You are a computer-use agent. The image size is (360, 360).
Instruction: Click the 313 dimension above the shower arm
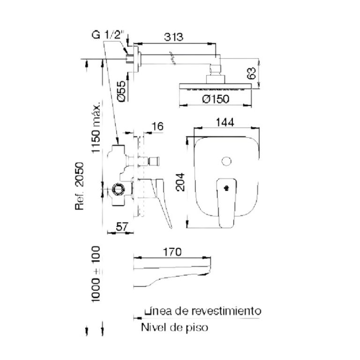pos(173,37)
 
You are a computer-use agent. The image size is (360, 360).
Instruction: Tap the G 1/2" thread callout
pos(108,35)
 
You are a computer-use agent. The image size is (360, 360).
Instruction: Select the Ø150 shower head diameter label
pos(216,99)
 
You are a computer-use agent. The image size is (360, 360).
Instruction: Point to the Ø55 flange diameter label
pos(122,91)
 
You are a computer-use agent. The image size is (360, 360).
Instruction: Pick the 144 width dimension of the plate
pos(225,122)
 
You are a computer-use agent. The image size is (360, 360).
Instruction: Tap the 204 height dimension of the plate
pos(180,182)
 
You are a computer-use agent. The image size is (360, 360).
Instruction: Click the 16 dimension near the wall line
pos(157,127)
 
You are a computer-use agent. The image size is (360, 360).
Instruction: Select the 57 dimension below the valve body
pos(122,227)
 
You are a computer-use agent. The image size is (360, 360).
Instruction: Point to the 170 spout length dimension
pos(172,252)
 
